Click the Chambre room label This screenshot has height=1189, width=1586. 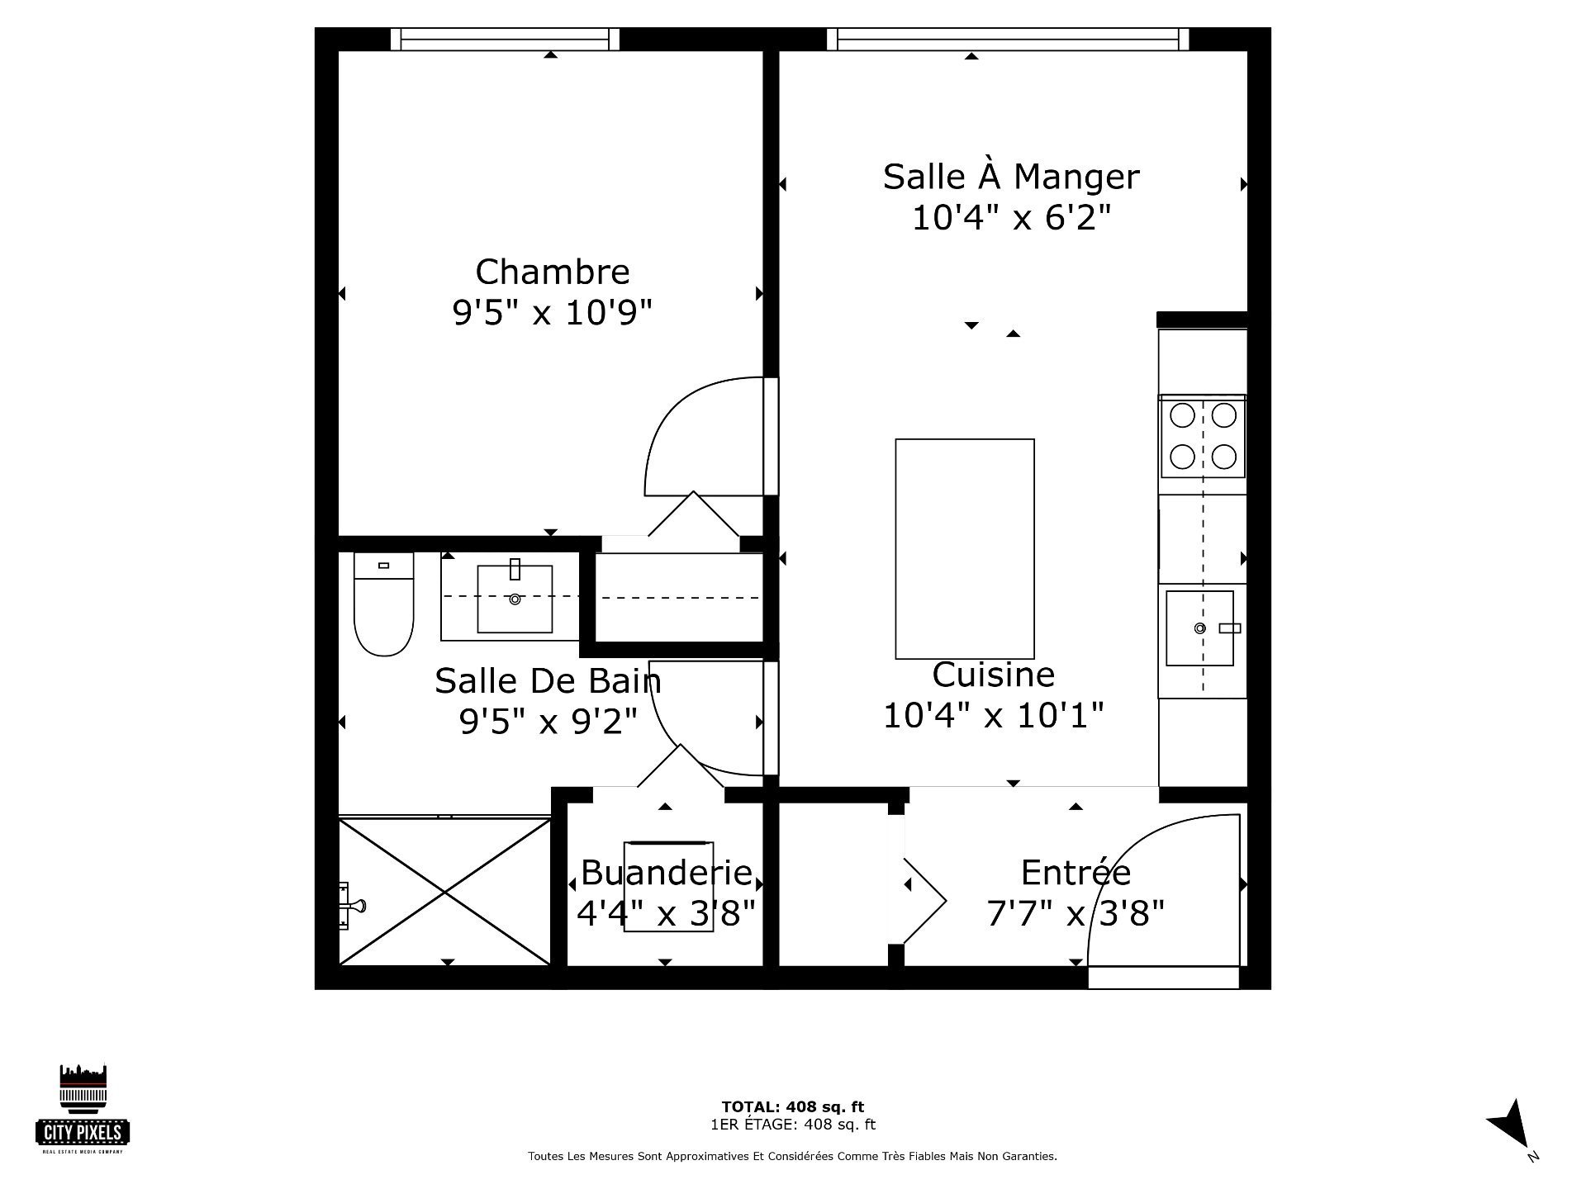point(553,272)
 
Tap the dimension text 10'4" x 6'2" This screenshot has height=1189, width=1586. point(1011,218)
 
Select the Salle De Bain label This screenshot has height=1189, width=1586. point(548,681)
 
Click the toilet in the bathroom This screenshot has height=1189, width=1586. point(383,604)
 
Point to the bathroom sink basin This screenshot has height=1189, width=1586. point(515,599)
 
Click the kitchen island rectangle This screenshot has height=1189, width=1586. point(965,548)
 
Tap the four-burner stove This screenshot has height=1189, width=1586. point(1203,436)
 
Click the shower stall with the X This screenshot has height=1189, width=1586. point(444,891)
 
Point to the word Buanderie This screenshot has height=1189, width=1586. point(666,872)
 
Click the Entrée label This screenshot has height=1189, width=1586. point(1076,872)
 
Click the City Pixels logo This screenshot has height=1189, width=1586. point(83,1108)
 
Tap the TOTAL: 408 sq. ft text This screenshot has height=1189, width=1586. point(793,1107)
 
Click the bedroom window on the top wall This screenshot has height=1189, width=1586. point(505,39)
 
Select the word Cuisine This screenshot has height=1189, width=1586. point(993,675)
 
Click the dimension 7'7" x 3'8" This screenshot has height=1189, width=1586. point(1076,913)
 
